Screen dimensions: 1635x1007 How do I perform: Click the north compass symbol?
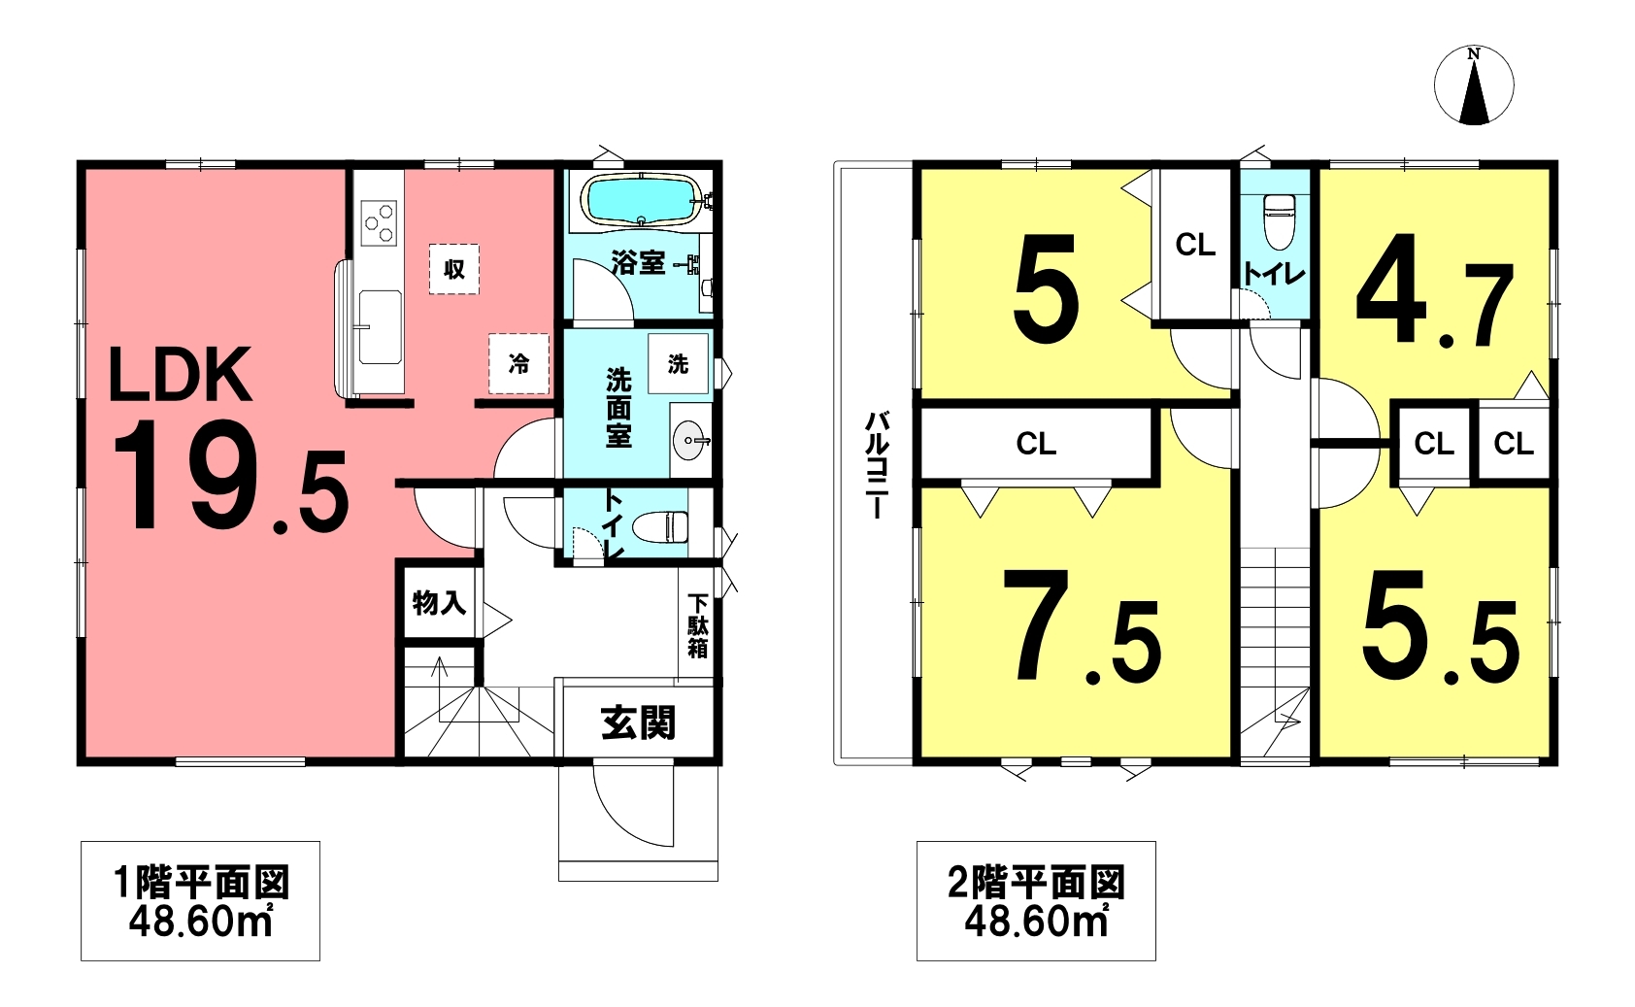[1474, 84]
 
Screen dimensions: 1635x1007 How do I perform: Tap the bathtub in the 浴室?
[640, 200]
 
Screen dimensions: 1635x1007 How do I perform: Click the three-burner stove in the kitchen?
[380, 222]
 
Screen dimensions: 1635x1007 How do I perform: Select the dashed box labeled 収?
[454, 269]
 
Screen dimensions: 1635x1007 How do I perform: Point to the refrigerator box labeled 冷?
[519, 363]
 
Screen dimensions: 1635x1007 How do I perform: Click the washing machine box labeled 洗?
[678, 363]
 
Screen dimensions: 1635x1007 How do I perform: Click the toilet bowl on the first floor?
[660, 526]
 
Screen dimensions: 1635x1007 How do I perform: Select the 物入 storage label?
[439, 603]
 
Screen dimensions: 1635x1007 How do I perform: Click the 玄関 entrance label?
[639, 722]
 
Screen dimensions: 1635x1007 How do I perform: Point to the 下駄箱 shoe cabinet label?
[698, 626]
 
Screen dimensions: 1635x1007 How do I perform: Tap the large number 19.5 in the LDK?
[230, 476]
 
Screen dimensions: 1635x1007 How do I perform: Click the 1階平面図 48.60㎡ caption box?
[200, 900]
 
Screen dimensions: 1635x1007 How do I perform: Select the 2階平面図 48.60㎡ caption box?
[1036, 900]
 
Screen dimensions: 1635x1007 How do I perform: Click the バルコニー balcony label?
[877, 465]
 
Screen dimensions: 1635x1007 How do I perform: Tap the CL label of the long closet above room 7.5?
[1036, 443]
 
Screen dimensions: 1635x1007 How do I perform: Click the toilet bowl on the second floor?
[1278, 221]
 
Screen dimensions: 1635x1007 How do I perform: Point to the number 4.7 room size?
[1435, 290]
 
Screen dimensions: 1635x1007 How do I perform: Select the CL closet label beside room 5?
[1195, 245]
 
